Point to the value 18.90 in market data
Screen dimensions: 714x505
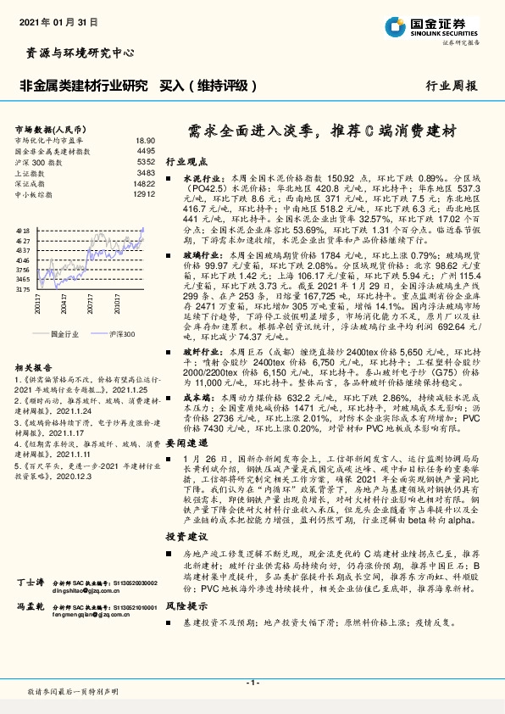pos(145,140)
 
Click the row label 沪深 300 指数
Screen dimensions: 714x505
pos(40,161)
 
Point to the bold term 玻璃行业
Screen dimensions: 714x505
pos(200,254)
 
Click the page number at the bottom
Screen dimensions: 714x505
pos(252,681)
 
